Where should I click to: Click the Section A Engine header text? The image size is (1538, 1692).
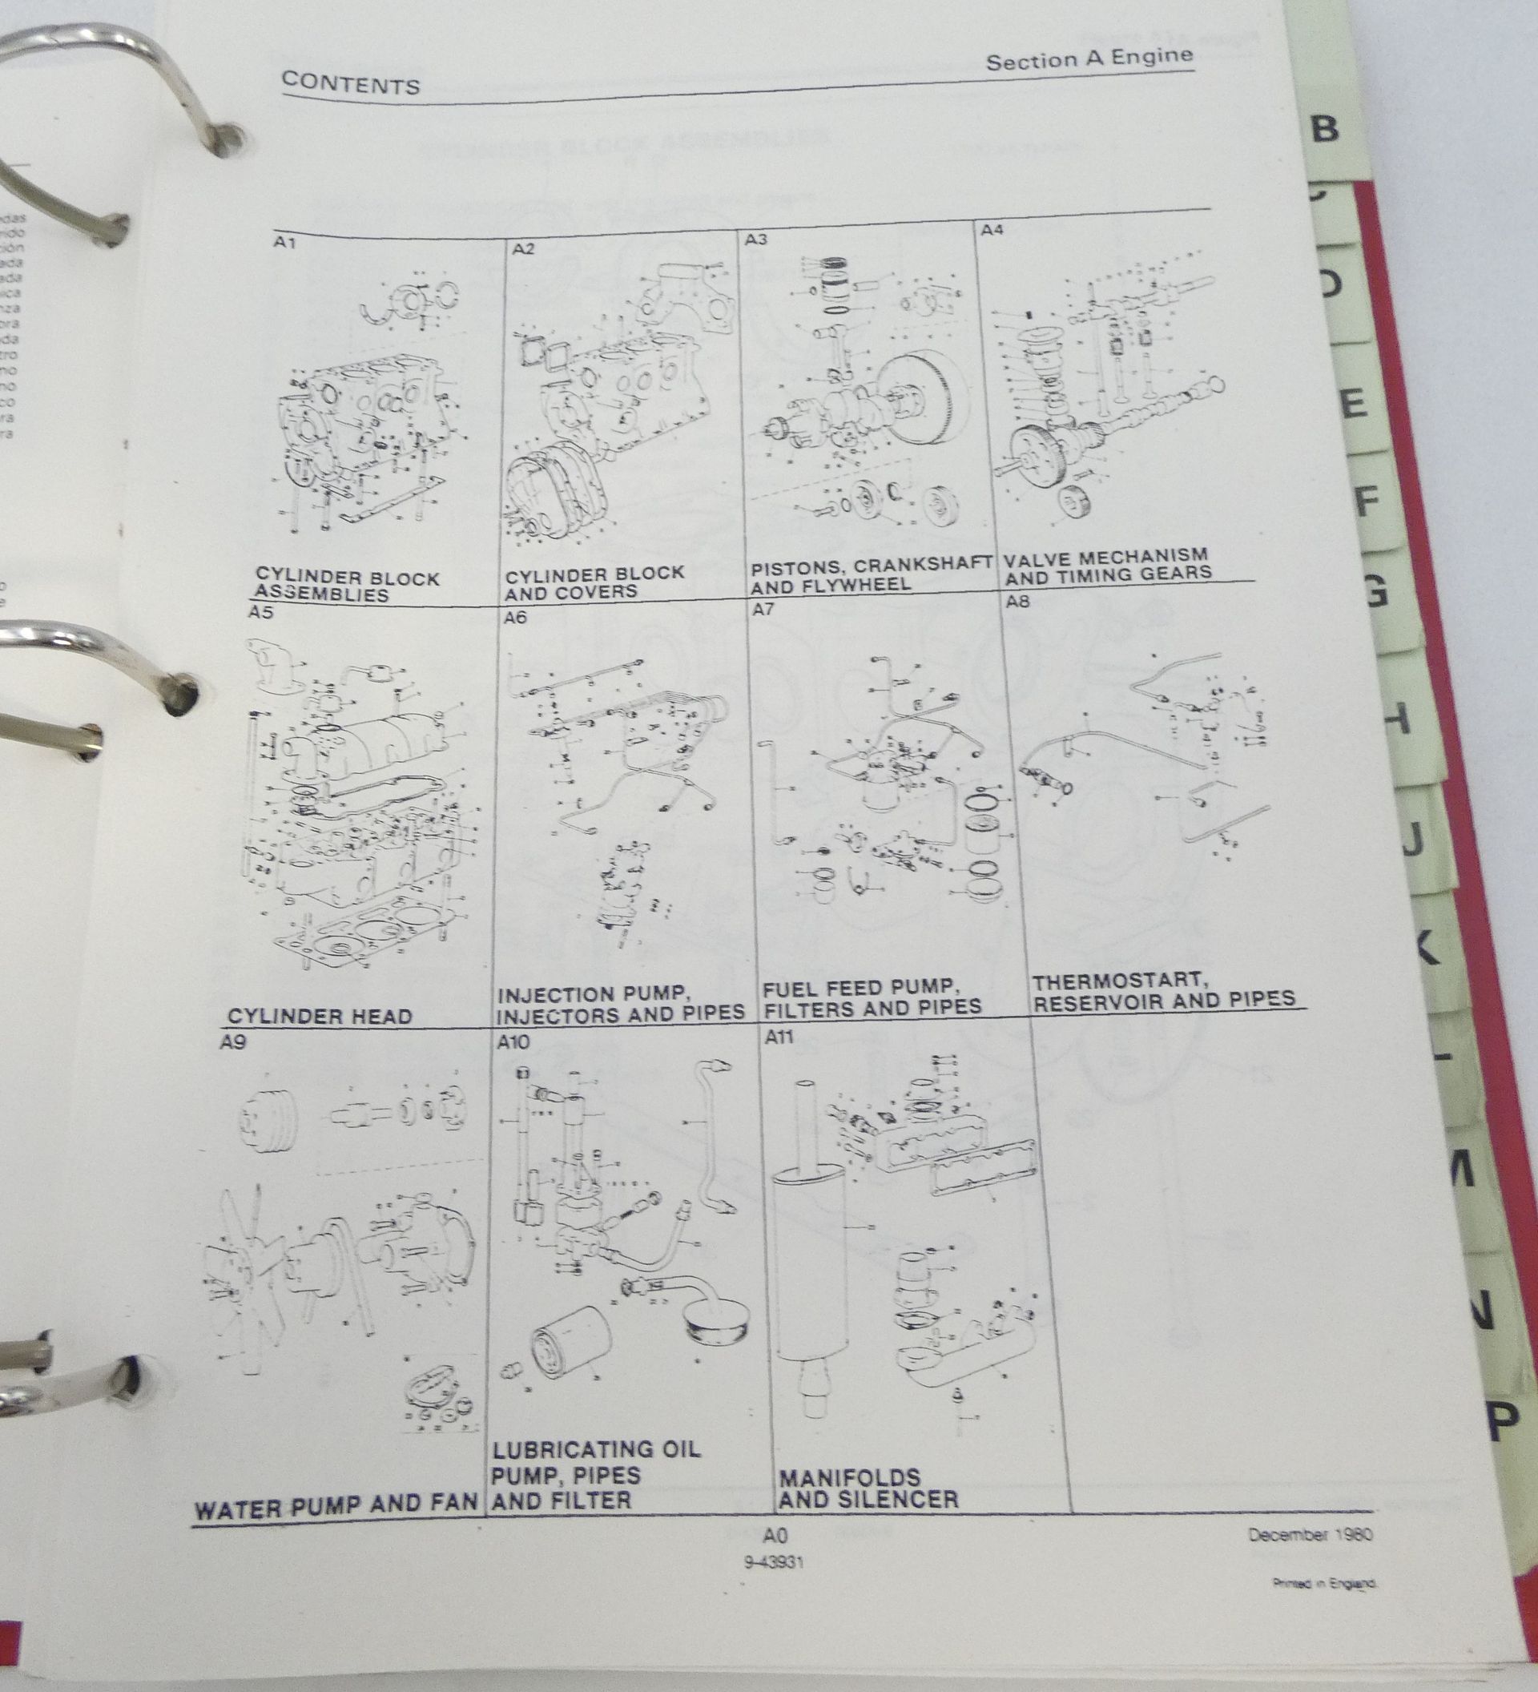[1089, 58]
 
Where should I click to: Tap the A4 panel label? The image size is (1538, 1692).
[992, 229]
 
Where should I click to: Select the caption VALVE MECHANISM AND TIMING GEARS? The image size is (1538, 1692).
[1108, 565]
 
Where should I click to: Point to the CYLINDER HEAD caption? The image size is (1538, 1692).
[320, 1017]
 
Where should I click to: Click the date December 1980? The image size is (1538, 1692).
[1310, 1534]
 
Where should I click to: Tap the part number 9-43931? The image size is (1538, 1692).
[774, 1562]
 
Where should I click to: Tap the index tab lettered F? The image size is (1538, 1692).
[1366, 501]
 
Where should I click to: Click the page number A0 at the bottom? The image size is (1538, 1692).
[775, 1536]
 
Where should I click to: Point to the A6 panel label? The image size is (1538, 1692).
[515, 618]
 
